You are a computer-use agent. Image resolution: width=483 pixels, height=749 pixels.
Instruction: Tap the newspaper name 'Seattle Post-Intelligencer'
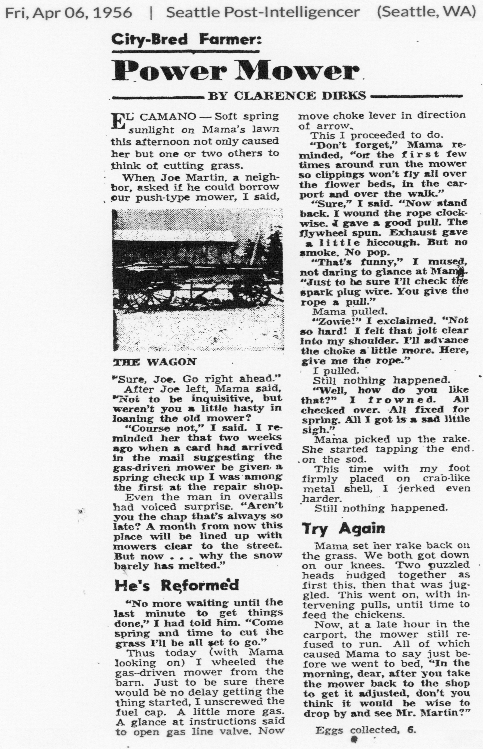coord(263,13)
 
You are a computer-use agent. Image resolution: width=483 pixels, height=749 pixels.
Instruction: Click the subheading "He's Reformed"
coord(177,585)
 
